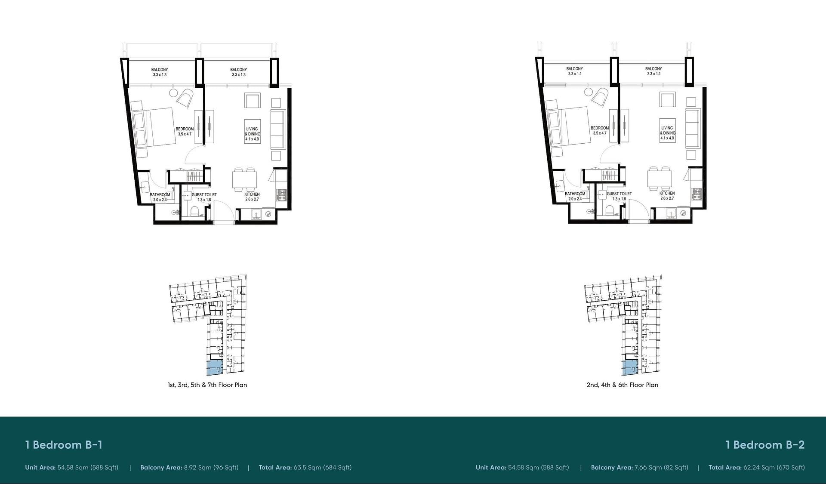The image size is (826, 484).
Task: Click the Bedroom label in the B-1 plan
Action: click(x=185, y=129)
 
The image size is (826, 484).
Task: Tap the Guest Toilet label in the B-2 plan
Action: click(x=619, y=194)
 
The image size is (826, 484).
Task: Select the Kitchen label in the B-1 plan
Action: click(x=252, y=194)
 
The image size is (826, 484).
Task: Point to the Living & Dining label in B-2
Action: click(x=667, y=130)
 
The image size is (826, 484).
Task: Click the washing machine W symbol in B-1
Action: click(x=268, y=214)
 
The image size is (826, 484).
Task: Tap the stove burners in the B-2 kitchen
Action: click(x=697, y=194)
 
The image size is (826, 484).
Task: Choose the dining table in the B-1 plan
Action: click(x=244, y=179)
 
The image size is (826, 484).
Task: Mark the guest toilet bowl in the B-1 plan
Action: click(x=194, y=212)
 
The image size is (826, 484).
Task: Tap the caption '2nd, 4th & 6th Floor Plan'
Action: click(x=622, y=385)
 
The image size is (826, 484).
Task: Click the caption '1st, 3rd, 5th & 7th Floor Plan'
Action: click(x=207, y=385)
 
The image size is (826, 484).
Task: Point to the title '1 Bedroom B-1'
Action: click(x=64, y=445)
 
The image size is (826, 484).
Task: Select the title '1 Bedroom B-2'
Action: click(x=765, y=445)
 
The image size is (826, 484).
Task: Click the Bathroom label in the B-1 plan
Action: click(x=160, y=195)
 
